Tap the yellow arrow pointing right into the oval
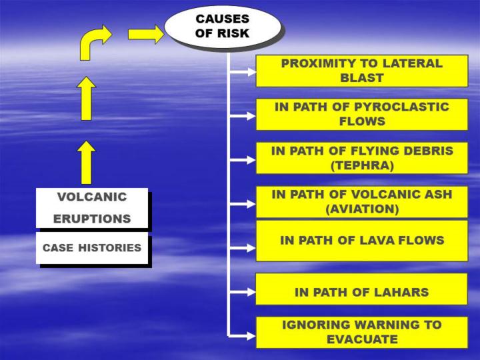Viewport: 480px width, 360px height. (x=146, y=34)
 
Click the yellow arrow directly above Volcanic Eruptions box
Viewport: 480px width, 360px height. (x=86, y=163)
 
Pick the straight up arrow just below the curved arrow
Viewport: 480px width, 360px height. (x=86, y=98)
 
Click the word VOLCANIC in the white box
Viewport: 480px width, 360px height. (x=92, y=197)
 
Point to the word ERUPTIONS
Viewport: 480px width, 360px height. (x=92, y=219)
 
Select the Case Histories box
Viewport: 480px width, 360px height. (x=92, y=247)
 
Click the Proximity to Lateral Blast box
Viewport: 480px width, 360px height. (x=362, y=71)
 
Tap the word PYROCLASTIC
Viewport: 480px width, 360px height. (x=401, y=107)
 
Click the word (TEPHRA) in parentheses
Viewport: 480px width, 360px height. (x=362, y=165)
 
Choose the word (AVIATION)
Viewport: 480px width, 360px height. (x=362, y=209)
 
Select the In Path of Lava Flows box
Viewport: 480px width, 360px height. (x=362, y=241)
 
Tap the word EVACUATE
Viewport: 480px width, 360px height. (x=362, y=339)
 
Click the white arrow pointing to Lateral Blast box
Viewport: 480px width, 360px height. (x=243, y=72)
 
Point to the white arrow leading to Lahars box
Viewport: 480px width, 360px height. (x=243, y=292)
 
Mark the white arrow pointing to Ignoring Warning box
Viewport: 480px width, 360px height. (x=243, y=336)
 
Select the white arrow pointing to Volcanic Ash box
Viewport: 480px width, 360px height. (x=243, y=203)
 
